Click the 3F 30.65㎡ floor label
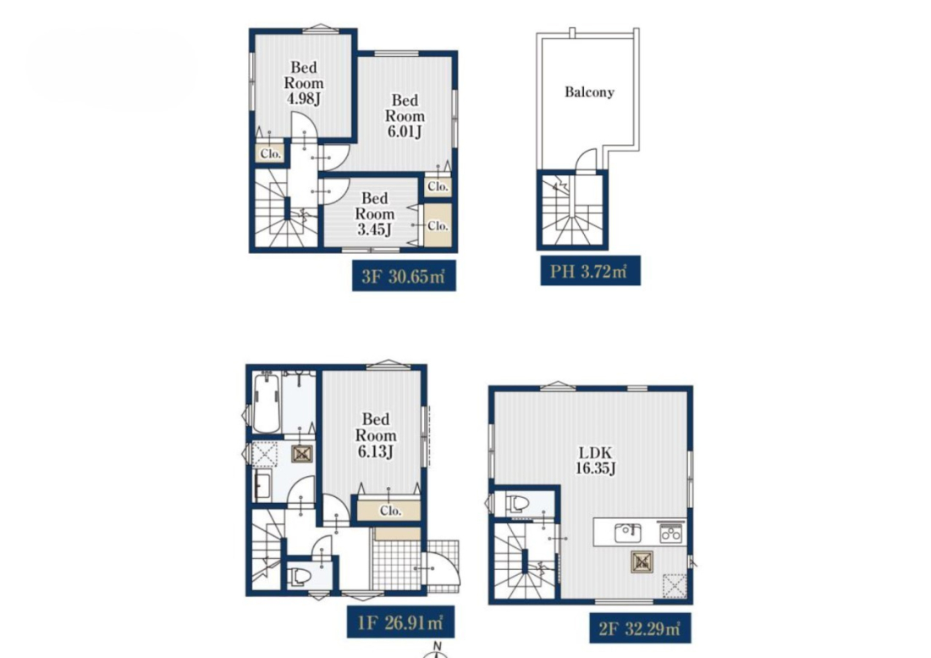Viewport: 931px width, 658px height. point(404,275)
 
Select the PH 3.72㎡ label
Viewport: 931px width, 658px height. point(590,271)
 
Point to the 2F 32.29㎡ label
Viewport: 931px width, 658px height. point(640,628)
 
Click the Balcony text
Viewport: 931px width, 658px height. point(589,92)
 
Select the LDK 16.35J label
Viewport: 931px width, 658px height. point(595,460)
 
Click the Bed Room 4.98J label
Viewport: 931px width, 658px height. point(304,83)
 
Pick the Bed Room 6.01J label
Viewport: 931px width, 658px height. point(405,116)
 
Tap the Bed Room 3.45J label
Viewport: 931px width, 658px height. point(375,213)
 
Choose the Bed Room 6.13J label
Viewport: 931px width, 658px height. point(376,435)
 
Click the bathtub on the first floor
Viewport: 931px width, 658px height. point(266,403)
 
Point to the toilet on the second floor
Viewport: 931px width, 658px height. point(517,504)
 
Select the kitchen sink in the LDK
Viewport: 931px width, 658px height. point(628,533)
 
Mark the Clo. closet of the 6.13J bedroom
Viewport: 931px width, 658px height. point(389,511)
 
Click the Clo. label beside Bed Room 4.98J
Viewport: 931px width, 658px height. point(270,154)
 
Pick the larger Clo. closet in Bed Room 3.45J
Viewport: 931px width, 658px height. point(438,225)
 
